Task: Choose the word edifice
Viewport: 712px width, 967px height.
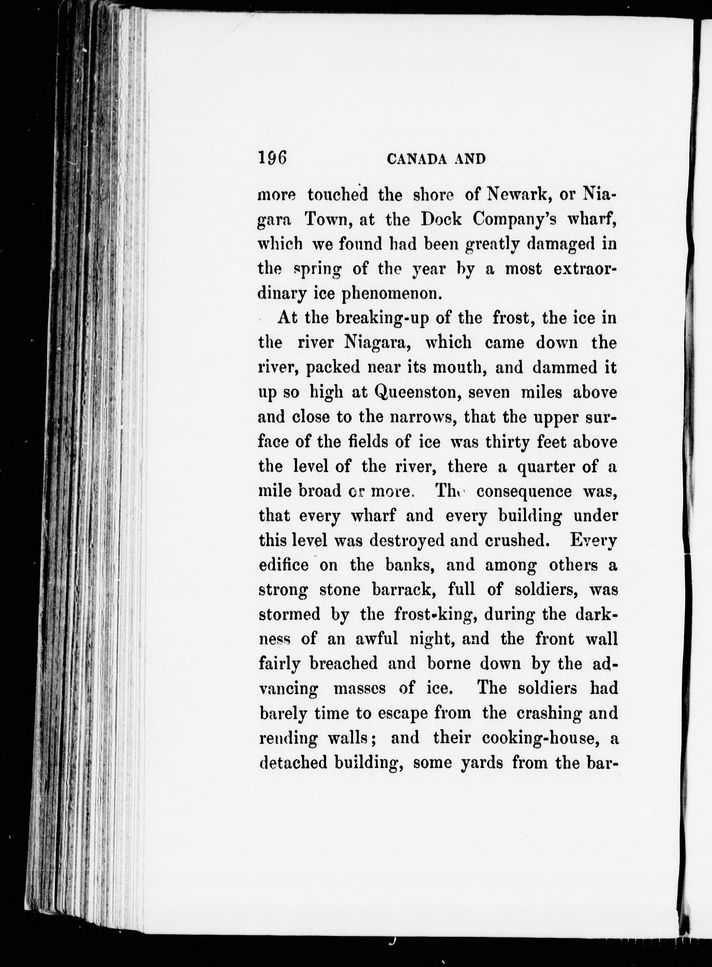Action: [284, 565]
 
